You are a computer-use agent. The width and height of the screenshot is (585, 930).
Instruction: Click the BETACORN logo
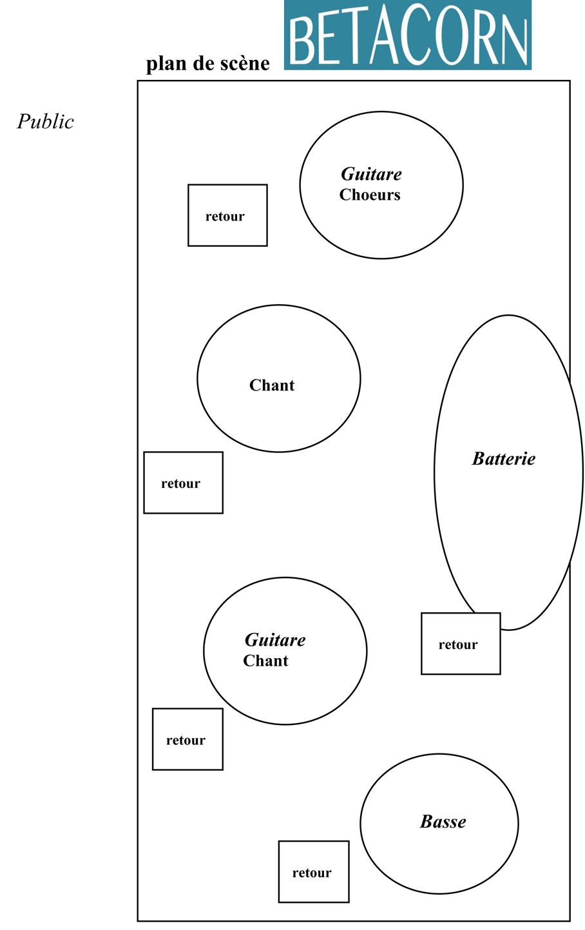click(x=407, y=35)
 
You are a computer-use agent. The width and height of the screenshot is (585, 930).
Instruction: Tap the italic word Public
click(x=45, y=122)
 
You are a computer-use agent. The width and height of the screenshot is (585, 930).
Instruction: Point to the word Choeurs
click(x=370, y=194)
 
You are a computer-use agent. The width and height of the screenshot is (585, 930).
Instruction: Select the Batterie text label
click(x=504, y=458)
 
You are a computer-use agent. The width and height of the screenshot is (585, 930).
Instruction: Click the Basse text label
click(x=443, y=821)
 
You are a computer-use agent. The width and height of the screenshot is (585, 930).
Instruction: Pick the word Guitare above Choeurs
click(x=371, y=174)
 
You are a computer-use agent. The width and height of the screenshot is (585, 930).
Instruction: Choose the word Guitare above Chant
click(x=275, y=640)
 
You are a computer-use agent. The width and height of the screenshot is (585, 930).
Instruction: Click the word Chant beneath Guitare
click(x=265, y=661)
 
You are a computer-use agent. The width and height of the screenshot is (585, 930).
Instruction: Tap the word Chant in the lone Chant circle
click(x=272, y=385)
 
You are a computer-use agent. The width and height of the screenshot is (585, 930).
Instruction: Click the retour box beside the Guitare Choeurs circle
click(x=228, y=215)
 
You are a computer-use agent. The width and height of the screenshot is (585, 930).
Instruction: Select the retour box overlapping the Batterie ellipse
click(x=461, y=644)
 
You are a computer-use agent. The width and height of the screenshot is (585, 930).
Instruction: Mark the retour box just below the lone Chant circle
click(x=184, y=483)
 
